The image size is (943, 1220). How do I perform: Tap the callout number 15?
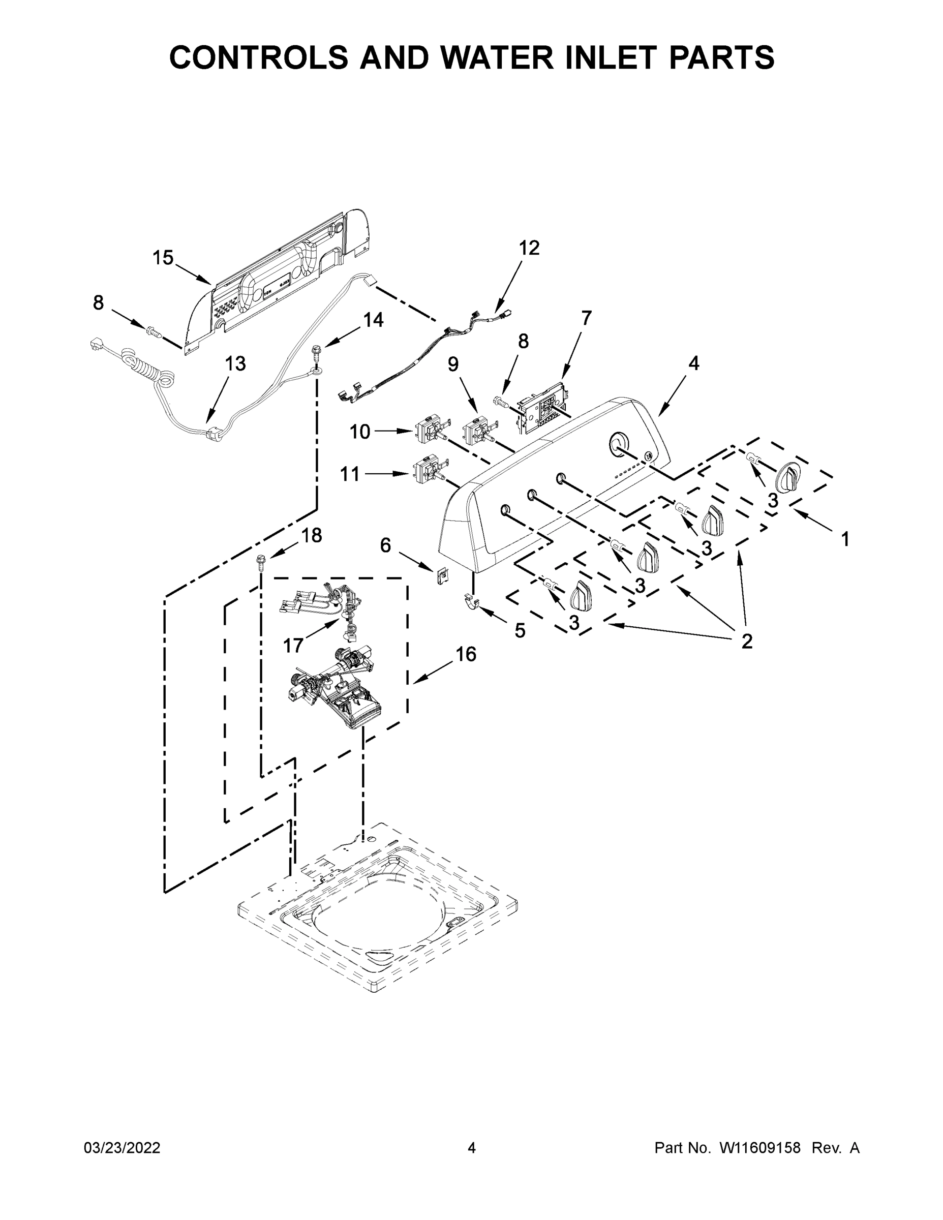point(163,258)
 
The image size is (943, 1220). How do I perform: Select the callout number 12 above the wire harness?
point(529,248)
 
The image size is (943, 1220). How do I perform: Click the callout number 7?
point(586,317)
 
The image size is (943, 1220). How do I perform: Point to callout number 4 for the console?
point(693,363)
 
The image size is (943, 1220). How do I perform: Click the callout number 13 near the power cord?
point(235,363)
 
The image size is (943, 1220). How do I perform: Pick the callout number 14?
point(373,320)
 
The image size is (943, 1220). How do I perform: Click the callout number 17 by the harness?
point(293,646)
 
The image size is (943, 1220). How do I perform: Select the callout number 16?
point(466,654)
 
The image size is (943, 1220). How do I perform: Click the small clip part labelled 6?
point(441,575)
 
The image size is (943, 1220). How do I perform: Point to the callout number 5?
point(520,631)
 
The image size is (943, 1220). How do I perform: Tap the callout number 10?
point(360,431)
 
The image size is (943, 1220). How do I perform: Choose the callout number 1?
point(845,539)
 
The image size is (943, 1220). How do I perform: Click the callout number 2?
point(746,642)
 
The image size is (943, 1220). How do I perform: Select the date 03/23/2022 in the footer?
point(122,1148)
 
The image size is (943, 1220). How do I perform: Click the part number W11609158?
point(761,1148)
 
